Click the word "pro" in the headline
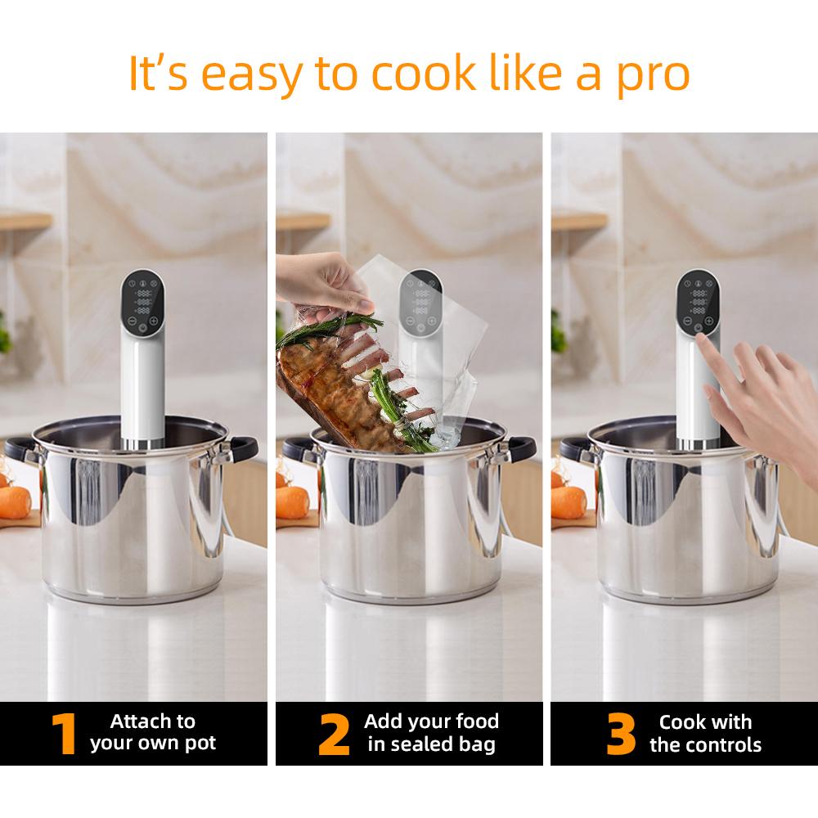point(653,76)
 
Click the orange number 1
point(65,734)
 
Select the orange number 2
point(334,735)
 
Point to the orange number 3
point(622,734)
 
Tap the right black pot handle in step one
point(243,448)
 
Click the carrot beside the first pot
point(15,502)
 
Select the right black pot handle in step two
point(521,448)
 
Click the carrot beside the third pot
point(569,502)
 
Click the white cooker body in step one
point(143,386)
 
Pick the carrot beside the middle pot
point(293,502)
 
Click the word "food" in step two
point(478,721)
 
